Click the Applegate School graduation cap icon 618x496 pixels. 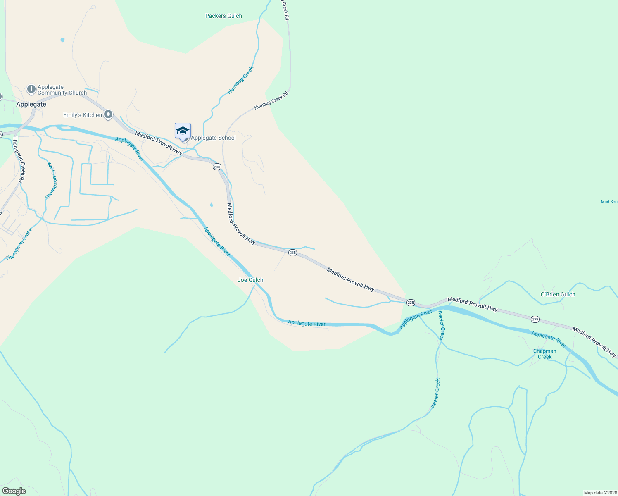(183, 131)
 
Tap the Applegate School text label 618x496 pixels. (213, 138)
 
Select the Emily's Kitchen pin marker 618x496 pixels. (108, 114)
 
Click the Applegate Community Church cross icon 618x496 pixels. (31, 89)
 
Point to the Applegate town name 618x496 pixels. (31, 105)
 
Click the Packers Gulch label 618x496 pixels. (223, 16)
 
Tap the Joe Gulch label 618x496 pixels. (250, 280)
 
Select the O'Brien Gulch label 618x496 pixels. (558, 295)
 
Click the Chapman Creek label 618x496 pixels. (544, 354)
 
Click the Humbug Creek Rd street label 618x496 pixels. (271, 101)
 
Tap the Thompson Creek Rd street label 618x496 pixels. (19, 160)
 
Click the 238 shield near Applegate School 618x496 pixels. (217, 167)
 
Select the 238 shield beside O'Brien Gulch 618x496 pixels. (535, 319)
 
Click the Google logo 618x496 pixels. (14, 491)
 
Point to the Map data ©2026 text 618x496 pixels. (600, 493)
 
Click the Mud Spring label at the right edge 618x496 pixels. (609, 202)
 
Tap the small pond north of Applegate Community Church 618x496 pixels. (62, 40)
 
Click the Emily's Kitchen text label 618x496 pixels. (83, 115)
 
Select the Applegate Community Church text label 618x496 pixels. (62, 90)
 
